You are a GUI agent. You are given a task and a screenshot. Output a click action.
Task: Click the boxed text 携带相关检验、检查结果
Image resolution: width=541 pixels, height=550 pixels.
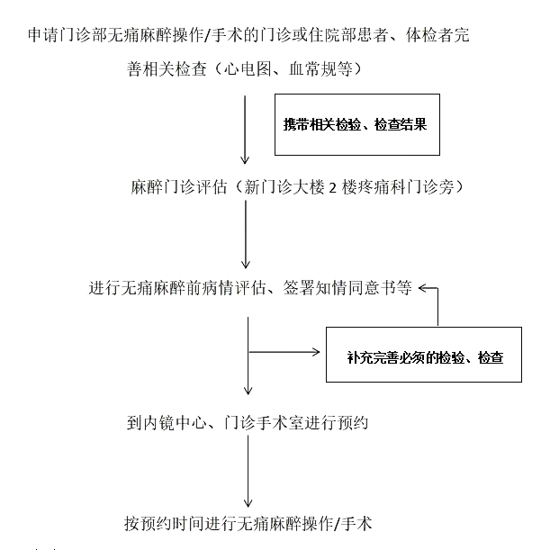point(355,124)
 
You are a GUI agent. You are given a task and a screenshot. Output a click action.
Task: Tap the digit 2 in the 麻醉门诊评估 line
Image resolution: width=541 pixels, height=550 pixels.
point(332,188)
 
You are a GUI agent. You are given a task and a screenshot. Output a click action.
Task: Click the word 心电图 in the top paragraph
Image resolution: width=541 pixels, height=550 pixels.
point(248,68)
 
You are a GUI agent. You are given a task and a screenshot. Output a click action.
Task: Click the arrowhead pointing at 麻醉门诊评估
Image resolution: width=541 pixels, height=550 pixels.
point(245,160)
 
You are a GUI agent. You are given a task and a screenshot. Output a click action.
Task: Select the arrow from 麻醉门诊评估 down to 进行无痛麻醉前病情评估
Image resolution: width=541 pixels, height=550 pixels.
point(246,234)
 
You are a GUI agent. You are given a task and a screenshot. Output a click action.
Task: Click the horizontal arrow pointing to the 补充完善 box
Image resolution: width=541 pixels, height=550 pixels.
point(284,351)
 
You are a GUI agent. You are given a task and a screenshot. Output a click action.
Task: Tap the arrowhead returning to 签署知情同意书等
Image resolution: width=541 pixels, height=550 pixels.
point(423,288)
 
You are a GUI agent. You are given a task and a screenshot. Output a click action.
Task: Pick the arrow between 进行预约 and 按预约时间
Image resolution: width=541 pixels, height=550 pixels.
point(248,471)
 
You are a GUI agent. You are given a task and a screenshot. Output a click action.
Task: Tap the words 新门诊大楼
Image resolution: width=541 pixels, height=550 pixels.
point(284,187)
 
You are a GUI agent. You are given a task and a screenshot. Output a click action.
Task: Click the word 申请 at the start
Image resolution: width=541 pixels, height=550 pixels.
point(44,35)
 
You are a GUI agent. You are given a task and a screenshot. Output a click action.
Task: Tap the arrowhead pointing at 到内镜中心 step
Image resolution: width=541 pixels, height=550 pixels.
point(248,391)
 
